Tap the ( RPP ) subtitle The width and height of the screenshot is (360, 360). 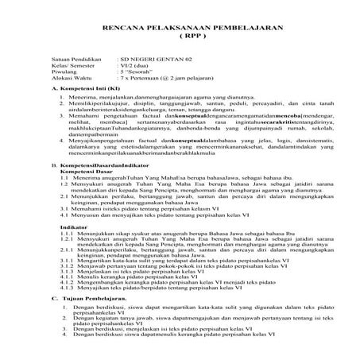point(180,37)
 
